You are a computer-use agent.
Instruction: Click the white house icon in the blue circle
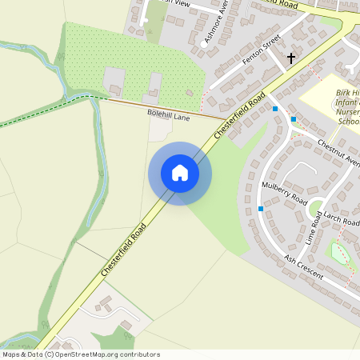point(180,173)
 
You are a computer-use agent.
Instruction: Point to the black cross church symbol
point(291,58)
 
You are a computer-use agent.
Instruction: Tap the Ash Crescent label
point(304,267)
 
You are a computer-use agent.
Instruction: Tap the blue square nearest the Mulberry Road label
point(261,209)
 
